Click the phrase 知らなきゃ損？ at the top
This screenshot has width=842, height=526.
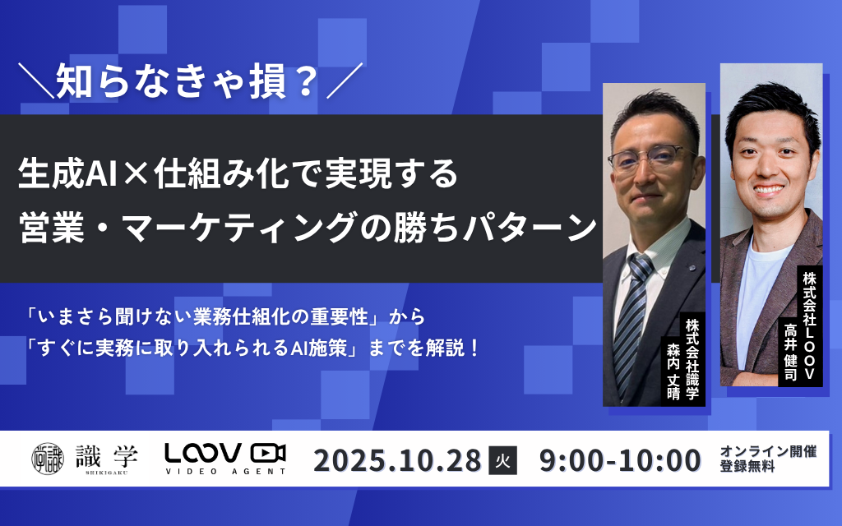click(187, 82)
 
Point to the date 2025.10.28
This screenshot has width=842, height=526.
click(396, 460)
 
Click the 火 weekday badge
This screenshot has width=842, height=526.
click(502, 461)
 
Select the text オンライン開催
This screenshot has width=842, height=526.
click(768, 452)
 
